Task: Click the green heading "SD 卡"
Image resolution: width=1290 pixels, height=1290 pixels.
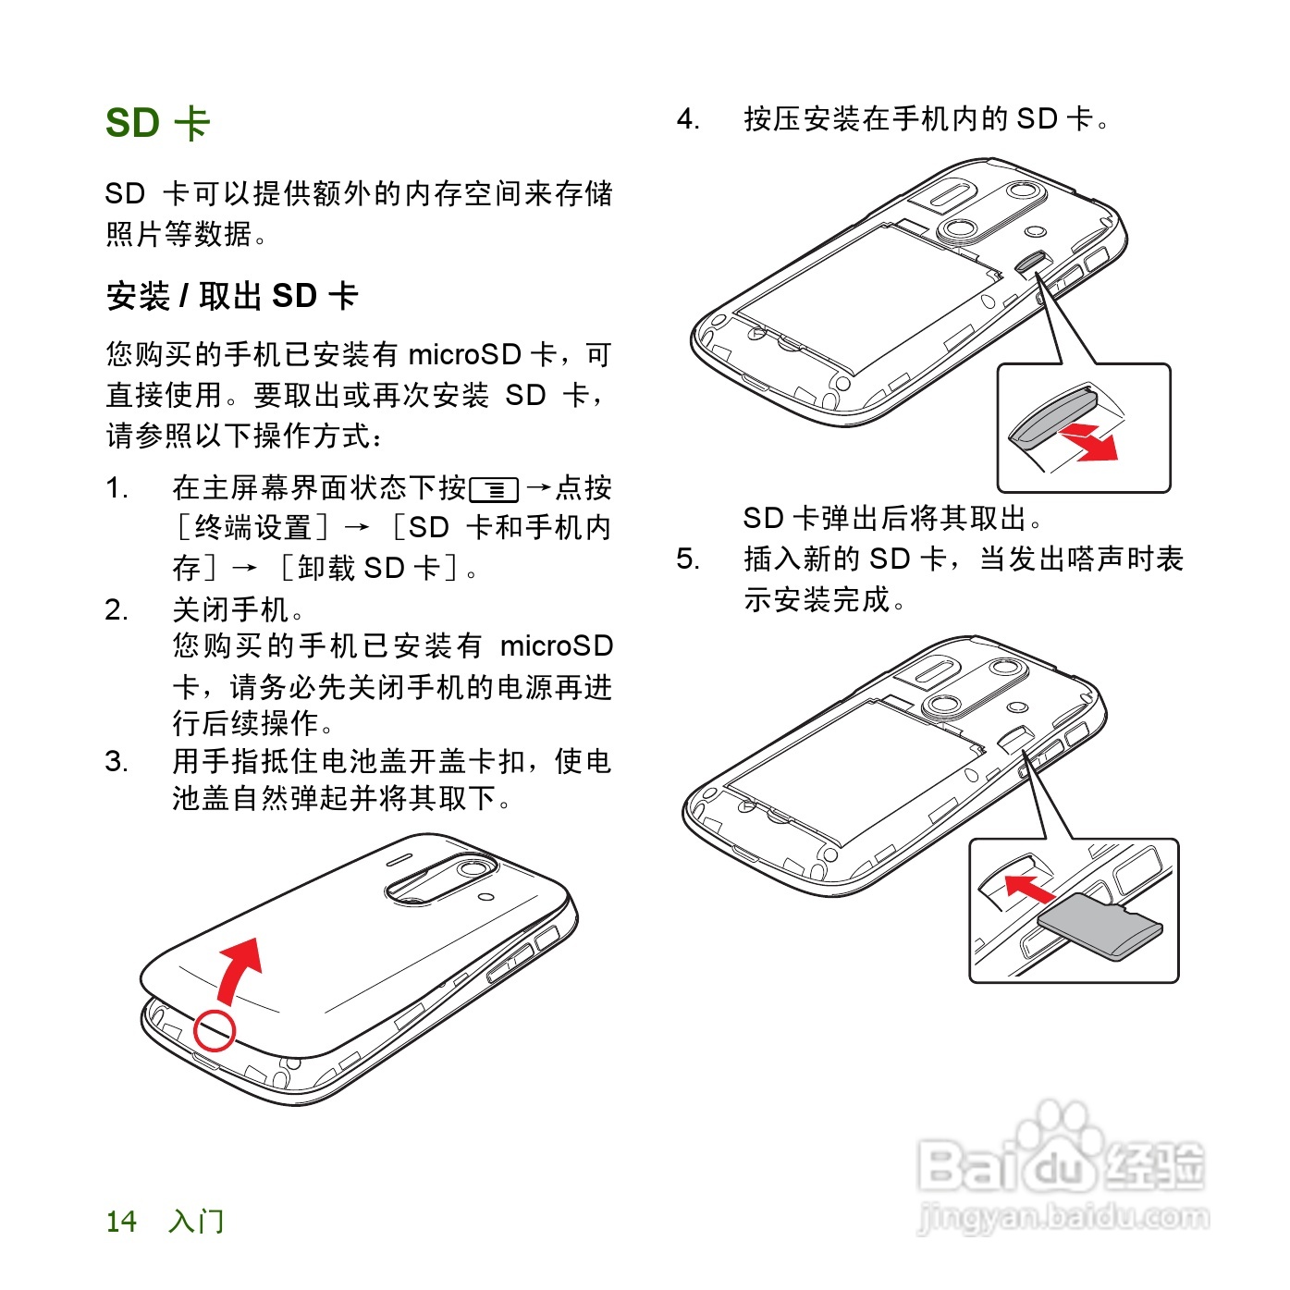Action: click(x=158, y=123)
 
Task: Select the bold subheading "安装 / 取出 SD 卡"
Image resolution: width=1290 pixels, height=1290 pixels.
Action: click(x=232, y=296)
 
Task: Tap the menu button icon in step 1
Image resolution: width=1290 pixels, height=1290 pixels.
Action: click(x=494, y=489)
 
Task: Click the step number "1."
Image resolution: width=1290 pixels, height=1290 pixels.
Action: click(x=117, y=488)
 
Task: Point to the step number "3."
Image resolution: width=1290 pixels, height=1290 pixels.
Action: click(x=117, y=761)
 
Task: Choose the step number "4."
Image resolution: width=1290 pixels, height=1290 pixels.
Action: click(x=688, y=119)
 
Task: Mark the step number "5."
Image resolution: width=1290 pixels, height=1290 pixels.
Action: click(x=688, y=559)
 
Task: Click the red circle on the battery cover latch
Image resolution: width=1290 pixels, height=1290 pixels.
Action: click(x=215, y=1029)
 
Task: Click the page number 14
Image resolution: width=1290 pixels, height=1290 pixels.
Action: click(x=121, y=1222)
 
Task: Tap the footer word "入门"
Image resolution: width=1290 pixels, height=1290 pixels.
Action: click(x=196, y=1222)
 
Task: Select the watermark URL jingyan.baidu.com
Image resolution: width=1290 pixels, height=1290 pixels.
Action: click(x=1063, y=1217)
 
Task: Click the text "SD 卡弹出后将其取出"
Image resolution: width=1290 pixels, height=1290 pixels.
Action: click(x=891, y=518)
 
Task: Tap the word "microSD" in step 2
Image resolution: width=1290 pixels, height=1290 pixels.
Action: click(x=556, y=645)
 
